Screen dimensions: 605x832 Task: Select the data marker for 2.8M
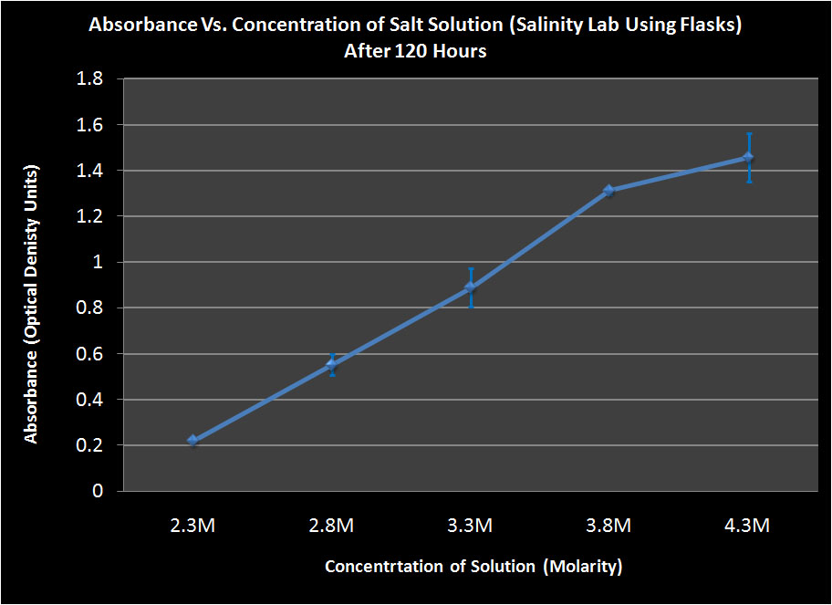pos(332,364)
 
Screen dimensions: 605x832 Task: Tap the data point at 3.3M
pos(471,287)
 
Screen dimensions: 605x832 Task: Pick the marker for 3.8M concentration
pos(609,191)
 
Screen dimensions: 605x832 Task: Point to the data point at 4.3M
pos(748,157)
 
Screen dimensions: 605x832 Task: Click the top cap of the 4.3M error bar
pos(748,133)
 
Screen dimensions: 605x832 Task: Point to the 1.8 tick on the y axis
pos(90,79)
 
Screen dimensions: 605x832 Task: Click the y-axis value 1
pos(98,263)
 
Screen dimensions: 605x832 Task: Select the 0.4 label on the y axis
pos(90,400)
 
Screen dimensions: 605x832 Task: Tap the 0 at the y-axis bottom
pos(98,492)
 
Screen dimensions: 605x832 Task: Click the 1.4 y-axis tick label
pos(90,171)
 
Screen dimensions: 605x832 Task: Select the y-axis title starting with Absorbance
pos(32,305)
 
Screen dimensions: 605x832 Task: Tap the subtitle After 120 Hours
pos(415,51)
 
